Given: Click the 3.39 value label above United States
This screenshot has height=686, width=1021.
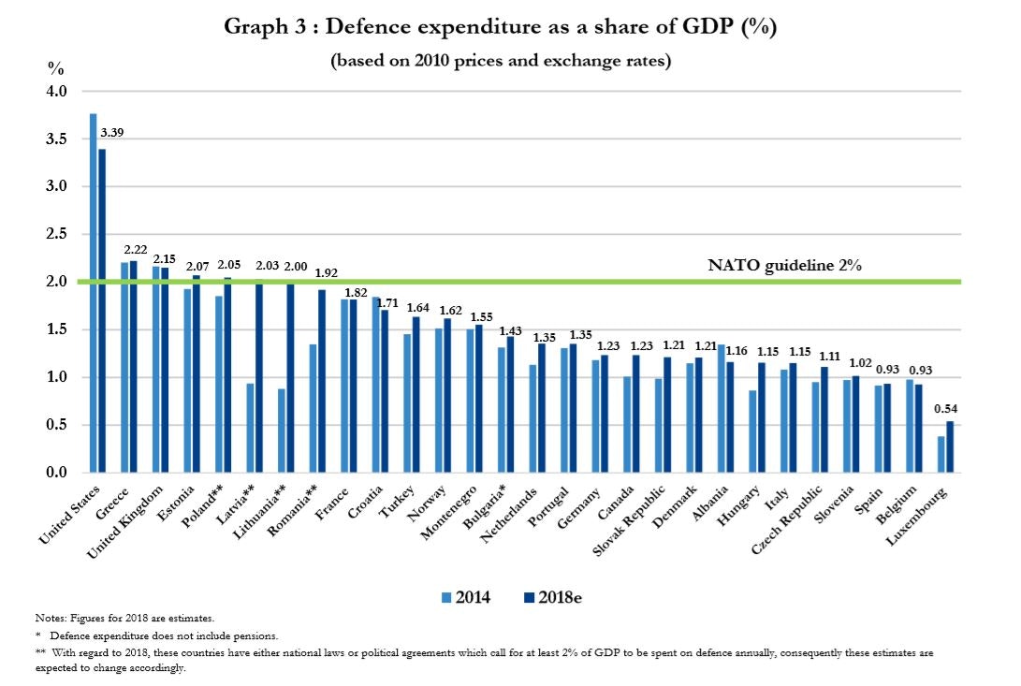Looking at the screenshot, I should point(111,132).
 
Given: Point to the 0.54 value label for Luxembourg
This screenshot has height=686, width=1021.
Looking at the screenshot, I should point(948,407).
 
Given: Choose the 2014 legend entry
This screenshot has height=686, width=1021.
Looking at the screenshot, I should point(465,597).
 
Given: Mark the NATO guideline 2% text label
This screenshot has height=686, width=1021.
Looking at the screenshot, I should point(783,265).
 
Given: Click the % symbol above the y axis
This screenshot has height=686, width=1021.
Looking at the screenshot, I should point(56,68).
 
